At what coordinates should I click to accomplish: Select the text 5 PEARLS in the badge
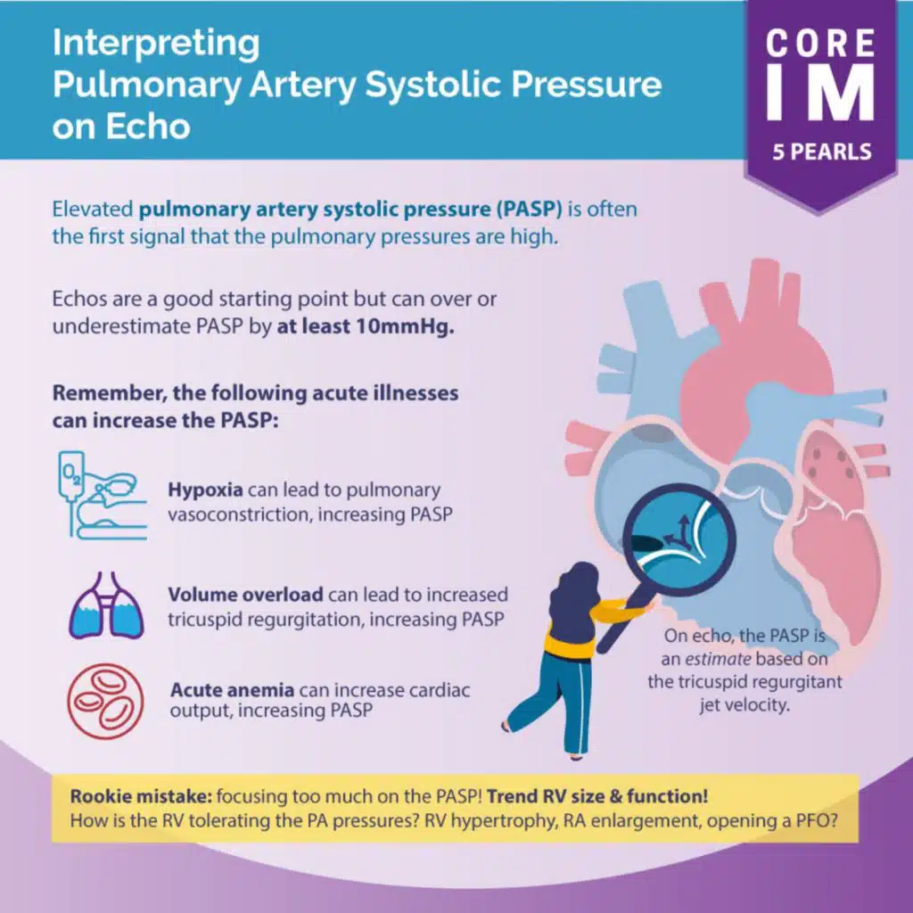coord(819,151)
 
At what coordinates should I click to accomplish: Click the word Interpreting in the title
coord(156,42)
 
